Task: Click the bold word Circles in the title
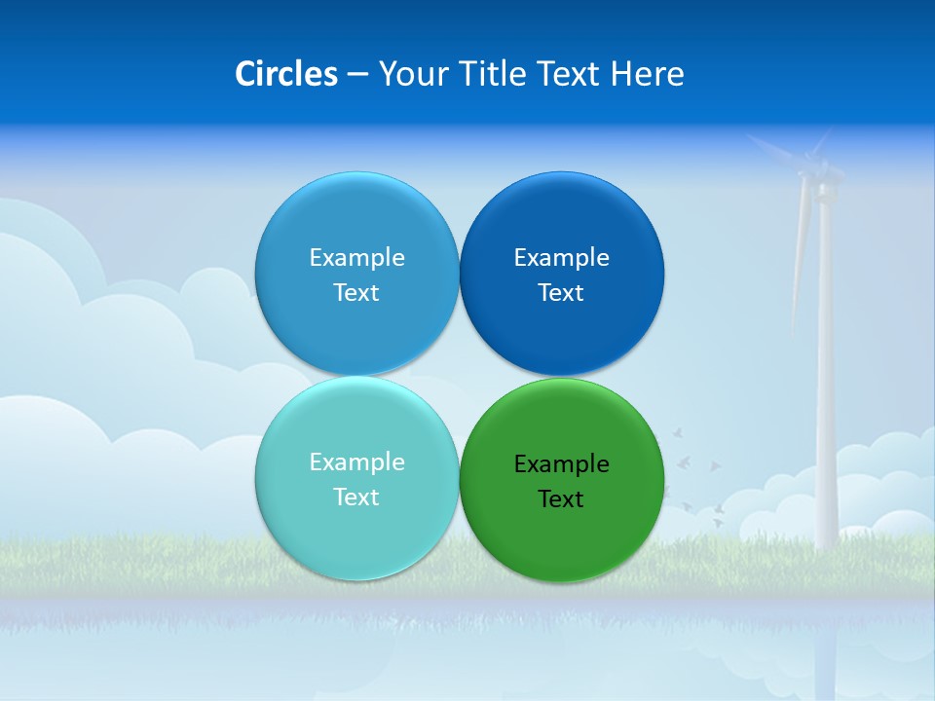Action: [285, 74]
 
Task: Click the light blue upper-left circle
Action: [356, 224]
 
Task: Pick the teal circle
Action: [356, 531]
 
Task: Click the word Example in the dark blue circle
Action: [562, 258]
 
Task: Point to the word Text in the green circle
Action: [561, 499]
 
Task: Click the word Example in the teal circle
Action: [356, 462]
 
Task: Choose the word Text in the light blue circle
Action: [356, 293]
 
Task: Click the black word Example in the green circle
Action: [562, 464]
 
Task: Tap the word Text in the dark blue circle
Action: [561, 293]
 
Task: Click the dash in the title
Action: [357, 74]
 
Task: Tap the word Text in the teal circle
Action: [356, 498]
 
